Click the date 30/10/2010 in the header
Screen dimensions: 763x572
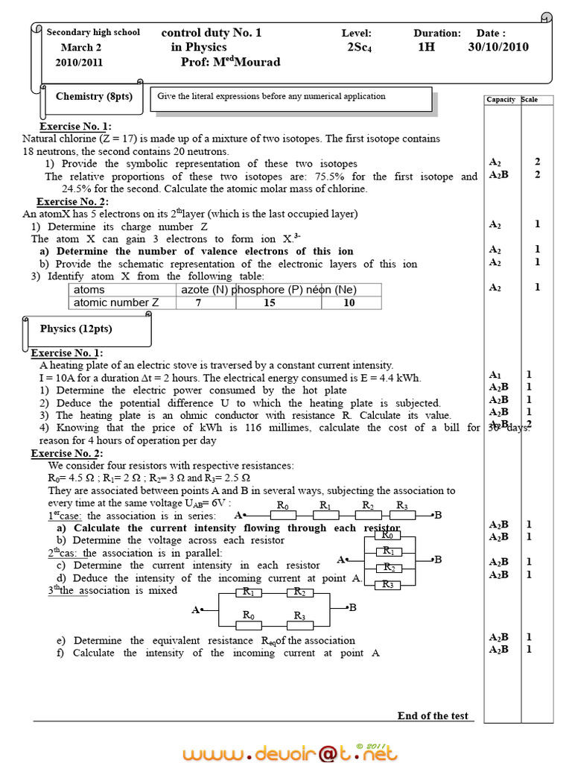click(x=498, y=47)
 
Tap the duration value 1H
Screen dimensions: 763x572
click(x=425, y=47)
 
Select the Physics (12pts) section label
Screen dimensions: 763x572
click(x=76, y=329)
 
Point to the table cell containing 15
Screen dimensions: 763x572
click(x=269, y=303)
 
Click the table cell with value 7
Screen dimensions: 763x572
click(x=198, y=303)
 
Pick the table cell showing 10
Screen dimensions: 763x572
click(x=349, y=303)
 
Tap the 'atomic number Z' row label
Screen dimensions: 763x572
click(x=116, y=303)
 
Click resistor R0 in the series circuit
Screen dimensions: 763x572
click(x=283, y=514)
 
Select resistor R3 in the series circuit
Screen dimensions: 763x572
click(x=401, y=514)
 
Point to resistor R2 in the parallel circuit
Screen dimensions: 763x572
click(x=387, y=568)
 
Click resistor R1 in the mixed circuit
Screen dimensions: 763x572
click(x=249, y=593)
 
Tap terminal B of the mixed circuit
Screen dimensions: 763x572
click(x=353, y=608)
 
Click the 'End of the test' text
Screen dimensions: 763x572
click(x=433, y=716)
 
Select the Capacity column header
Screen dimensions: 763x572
click(x=500, y=100)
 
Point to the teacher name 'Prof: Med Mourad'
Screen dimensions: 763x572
click(x=231, y=62)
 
